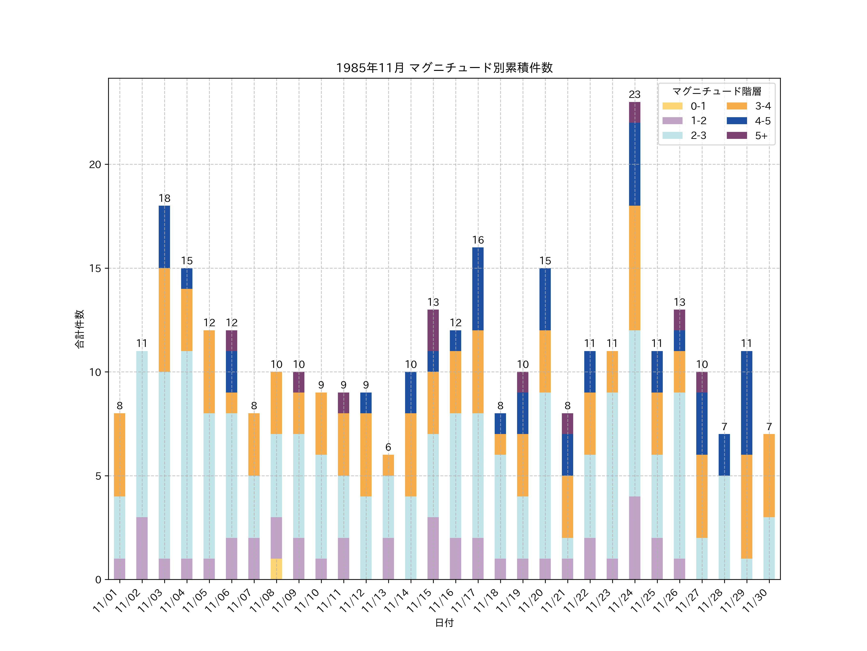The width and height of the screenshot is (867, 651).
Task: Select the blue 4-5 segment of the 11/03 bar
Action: click(164, 237)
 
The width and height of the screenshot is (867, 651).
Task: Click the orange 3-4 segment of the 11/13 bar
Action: click(388, 465)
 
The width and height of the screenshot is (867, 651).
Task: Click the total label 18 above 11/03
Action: click(164, 198)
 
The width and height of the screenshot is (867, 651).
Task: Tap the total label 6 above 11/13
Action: click(388, 447)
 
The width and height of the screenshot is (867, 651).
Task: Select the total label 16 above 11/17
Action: click(478, 240)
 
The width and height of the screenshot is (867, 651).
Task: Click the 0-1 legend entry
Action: click(684, 106)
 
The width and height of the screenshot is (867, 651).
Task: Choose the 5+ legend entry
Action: click(748, 136)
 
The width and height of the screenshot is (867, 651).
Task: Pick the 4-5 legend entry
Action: click(748, 121)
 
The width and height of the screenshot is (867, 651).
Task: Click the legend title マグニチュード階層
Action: click(716, 91)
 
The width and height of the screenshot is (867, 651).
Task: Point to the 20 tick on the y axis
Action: click(95, 164)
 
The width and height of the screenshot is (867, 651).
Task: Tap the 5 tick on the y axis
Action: click(98, 476)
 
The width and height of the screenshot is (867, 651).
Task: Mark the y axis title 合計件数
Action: click(79, 329)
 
